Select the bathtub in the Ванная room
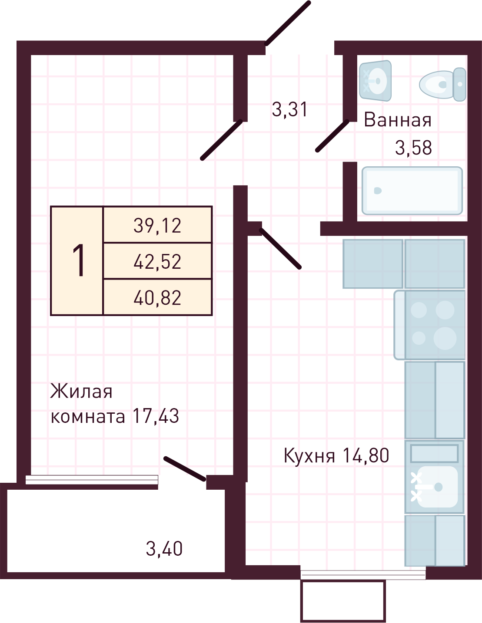coord(412,191)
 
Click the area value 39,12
coord(157,225)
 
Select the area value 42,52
coord(157,262)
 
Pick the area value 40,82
coord(157,298)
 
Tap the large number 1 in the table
coord(79,260)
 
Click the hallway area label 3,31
coord(290,109)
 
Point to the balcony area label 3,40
coord(164,549)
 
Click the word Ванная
coord(397,120)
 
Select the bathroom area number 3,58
coord(413,148)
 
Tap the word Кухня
coord(309,456)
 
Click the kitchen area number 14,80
coord(366,455)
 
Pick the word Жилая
coord(81,392)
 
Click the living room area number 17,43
coord(156,416)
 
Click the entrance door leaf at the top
coord(288,23)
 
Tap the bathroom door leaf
coord(332,136)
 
